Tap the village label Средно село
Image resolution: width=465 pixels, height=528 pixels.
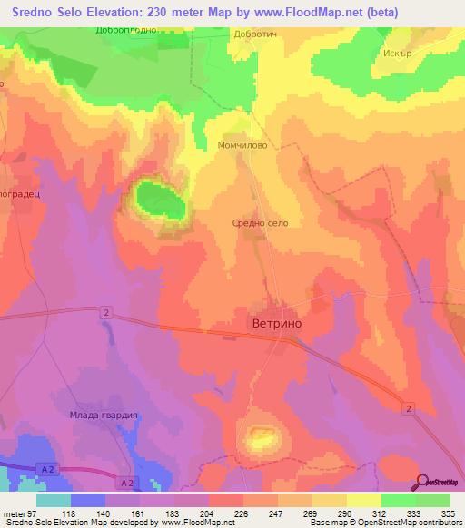[x=261, y=221]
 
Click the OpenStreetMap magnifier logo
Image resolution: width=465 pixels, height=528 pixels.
[x=420, y=481]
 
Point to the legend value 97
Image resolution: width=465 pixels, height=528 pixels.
[x=34, y=513]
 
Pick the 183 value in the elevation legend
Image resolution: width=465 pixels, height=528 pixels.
[x=156, y=513]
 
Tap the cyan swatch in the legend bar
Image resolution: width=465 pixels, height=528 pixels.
[x=54, y=499]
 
